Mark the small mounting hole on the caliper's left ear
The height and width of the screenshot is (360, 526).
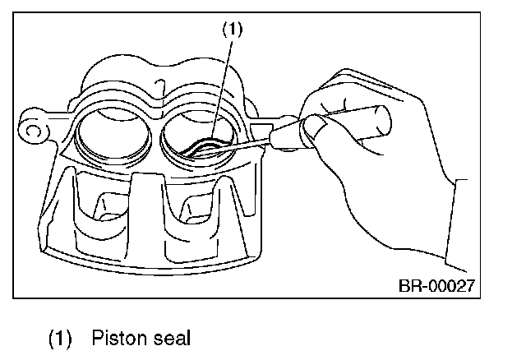click(x=33, y=129)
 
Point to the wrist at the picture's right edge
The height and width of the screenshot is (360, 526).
click(x=456, y=205)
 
